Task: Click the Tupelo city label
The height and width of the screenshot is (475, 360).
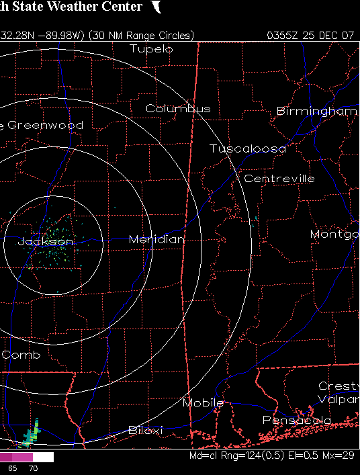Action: pyautogui.click(x=151, y=49)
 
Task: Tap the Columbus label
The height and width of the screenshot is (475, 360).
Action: pyautogui.click(x=178, y=108)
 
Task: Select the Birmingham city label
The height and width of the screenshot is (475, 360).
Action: pyautogui.click(x=316, y=111)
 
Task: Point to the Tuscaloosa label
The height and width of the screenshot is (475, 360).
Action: pyautogui.click(x=247, y=148)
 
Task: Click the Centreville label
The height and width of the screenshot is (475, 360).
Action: pyautogui.click(x=279, y=179)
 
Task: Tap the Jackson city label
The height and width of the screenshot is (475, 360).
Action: pyautogui.click(x=46, y=241)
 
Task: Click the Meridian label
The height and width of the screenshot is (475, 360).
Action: pyautogui.click(x=156, y=239)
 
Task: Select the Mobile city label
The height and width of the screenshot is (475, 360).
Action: pyautogui.click(x=203, y=402)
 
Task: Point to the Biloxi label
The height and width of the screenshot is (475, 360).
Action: pyautogui.click(x=146, y=430)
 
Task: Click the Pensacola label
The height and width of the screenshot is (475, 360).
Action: pyautogui.click(x=296, y=420)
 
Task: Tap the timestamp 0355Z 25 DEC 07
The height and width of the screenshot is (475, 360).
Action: pyautogui.click(x=310, y=35)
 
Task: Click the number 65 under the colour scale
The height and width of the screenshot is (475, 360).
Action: pyautogui.click(x=12, y=468)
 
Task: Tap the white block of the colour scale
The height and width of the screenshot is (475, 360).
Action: pyautogui.click(x=42, y=457)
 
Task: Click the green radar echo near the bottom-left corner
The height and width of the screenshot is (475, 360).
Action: pyautogui.click(x=30, y=435)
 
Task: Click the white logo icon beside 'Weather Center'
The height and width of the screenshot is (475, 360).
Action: pyautogui.click(x=156, y=7)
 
